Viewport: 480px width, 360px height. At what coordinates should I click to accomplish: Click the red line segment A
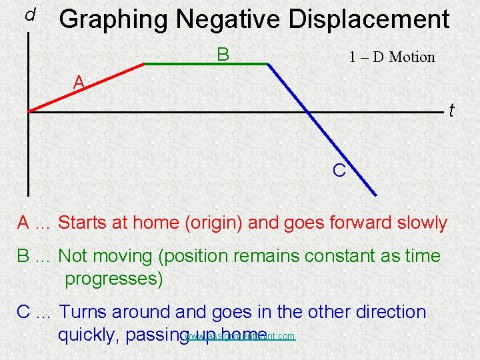pyautogui.click(x=87, y=87)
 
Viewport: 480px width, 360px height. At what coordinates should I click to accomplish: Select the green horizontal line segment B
pyautogui.click(x=206, y=64)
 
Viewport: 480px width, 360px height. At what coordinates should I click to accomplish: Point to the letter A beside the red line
pyautogui.click(x=79, y=82)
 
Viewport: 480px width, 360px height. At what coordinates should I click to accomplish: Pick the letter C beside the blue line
pyautogui.click(x=339, y=171)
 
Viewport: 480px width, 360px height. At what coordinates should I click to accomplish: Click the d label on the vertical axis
pyautogui.click(x=29, y=14)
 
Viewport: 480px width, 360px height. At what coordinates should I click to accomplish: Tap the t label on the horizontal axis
pyautogui.click(x=451, y=109)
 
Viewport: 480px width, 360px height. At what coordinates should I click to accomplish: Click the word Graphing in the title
pyautogui.click(x=113, y=20)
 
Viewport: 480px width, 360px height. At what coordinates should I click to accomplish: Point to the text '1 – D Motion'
pyautogui.click(x=392, y=57)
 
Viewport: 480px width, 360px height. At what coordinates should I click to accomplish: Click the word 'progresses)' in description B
pyautogui.click(x=114, y=279)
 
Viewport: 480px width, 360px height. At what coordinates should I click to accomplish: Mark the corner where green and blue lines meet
pyautogui.click(x=267, y=64)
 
